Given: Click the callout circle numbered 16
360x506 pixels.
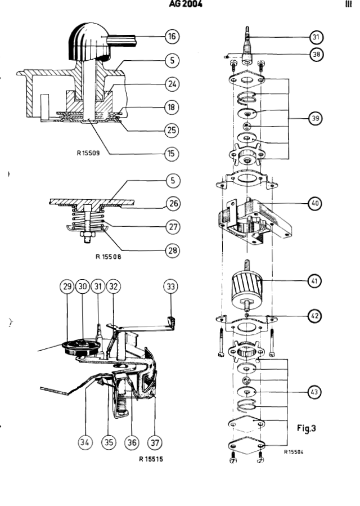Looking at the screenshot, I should coord(172,37).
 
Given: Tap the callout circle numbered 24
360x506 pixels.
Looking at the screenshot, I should coord(172,84).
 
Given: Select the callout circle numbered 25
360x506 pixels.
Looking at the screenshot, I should coord(172,130).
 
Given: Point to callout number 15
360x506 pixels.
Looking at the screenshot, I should coord(172,153).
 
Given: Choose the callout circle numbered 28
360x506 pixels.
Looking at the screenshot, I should coord(172,249).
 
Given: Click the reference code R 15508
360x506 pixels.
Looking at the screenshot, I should coord(109,257).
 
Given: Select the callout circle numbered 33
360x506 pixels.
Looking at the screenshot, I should coord(172,286).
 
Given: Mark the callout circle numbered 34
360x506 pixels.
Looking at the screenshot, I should coord(84,442).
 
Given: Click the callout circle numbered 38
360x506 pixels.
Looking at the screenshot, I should coord(317,55).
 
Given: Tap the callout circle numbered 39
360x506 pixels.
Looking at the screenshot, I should coord(317,119).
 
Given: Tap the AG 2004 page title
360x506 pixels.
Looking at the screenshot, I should coord(186,5).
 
